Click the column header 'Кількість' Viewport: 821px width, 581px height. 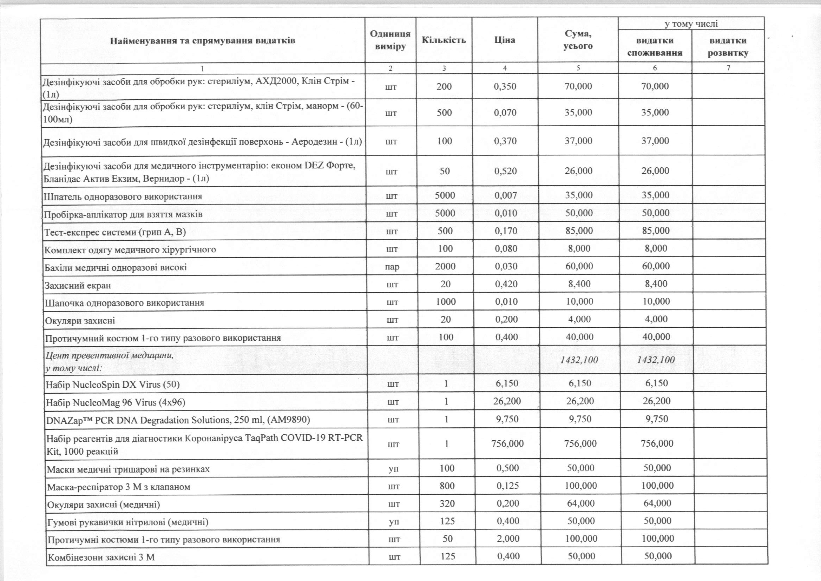[444, 40]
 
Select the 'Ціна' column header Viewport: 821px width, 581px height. [505, 40]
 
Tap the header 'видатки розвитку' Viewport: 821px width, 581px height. [728, 47]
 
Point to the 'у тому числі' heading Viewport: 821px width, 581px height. [691, 24]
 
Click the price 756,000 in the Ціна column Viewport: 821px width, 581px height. [507, 443]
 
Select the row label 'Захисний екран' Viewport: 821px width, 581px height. [78, 286]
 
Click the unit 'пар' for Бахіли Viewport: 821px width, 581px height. [392, 267]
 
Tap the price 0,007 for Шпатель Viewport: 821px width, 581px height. [506, 195]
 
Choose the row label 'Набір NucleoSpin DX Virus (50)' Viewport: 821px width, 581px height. [112, 385]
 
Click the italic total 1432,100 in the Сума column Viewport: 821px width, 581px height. [579, 360]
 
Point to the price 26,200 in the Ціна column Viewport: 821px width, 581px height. [507, 401]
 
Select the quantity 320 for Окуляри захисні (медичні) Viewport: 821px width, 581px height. [447, 503]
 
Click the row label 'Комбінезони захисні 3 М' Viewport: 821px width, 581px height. [101, 557]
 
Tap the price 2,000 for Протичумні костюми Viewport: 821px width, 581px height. [508, 539]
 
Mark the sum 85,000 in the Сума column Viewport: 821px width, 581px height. [579, 231]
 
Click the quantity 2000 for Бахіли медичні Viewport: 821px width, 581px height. [445, 266]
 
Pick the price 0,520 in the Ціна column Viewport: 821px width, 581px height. [505, 171]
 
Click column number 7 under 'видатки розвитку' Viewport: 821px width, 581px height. [728, 68]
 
